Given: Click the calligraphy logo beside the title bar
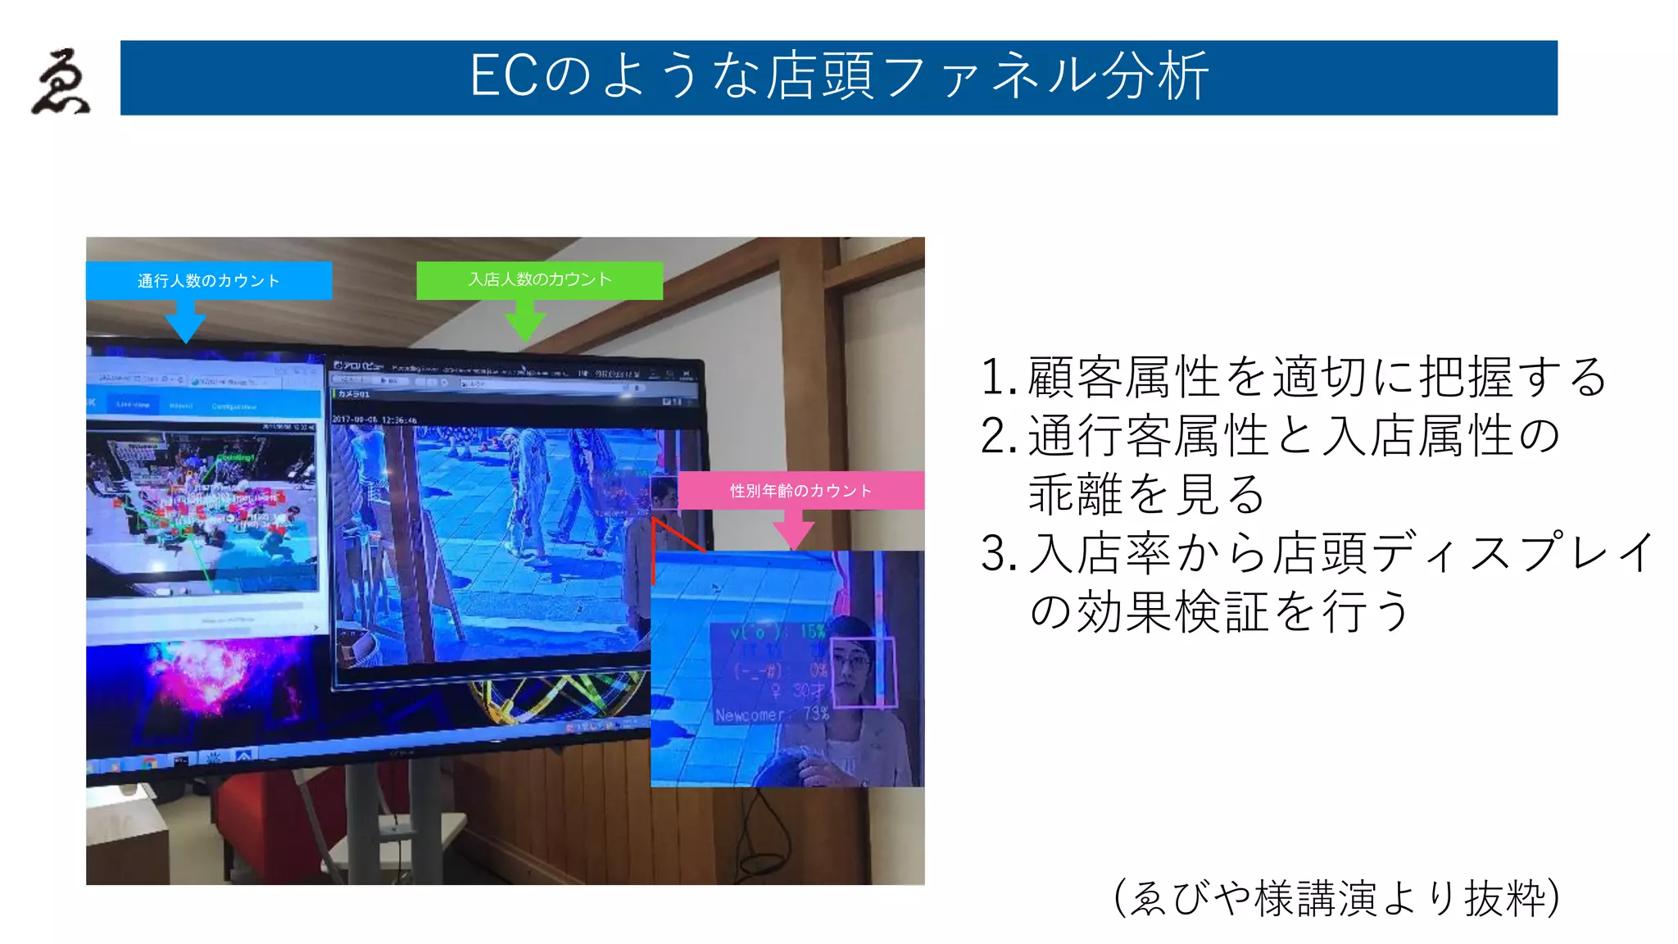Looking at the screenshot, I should tap(61, 81).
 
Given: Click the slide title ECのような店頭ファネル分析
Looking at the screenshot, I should tap(838, 77).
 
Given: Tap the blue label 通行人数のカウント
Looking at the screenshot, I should tap(208, 281).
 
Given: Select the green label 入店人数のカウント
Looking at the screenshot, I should tap(540, 279).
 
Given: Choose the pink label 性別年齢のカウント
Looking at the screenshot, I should tap(800, 491).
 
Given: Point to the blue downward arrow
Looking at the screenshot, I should tap(186, 321).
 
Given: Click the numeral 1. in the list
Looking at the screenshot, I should tap(999, 378).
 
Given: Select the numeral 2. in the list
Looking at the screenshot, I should tap(999, 437).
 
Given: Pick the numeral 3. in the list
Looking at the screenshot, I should tap(999, 555).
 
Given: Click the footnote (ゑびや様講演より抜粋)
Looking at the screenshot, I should tap(1336, 898).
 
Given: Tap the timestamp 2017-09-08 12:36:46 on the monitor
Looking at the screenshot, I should tap(374, 420).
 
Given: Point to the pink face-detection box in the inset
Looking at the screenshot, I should tap(863, 672).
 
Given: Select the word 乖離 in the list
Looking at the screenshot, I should tap(1077, 495).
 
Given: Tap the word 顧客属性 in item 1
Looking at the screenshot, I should tap(1124, 378).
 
